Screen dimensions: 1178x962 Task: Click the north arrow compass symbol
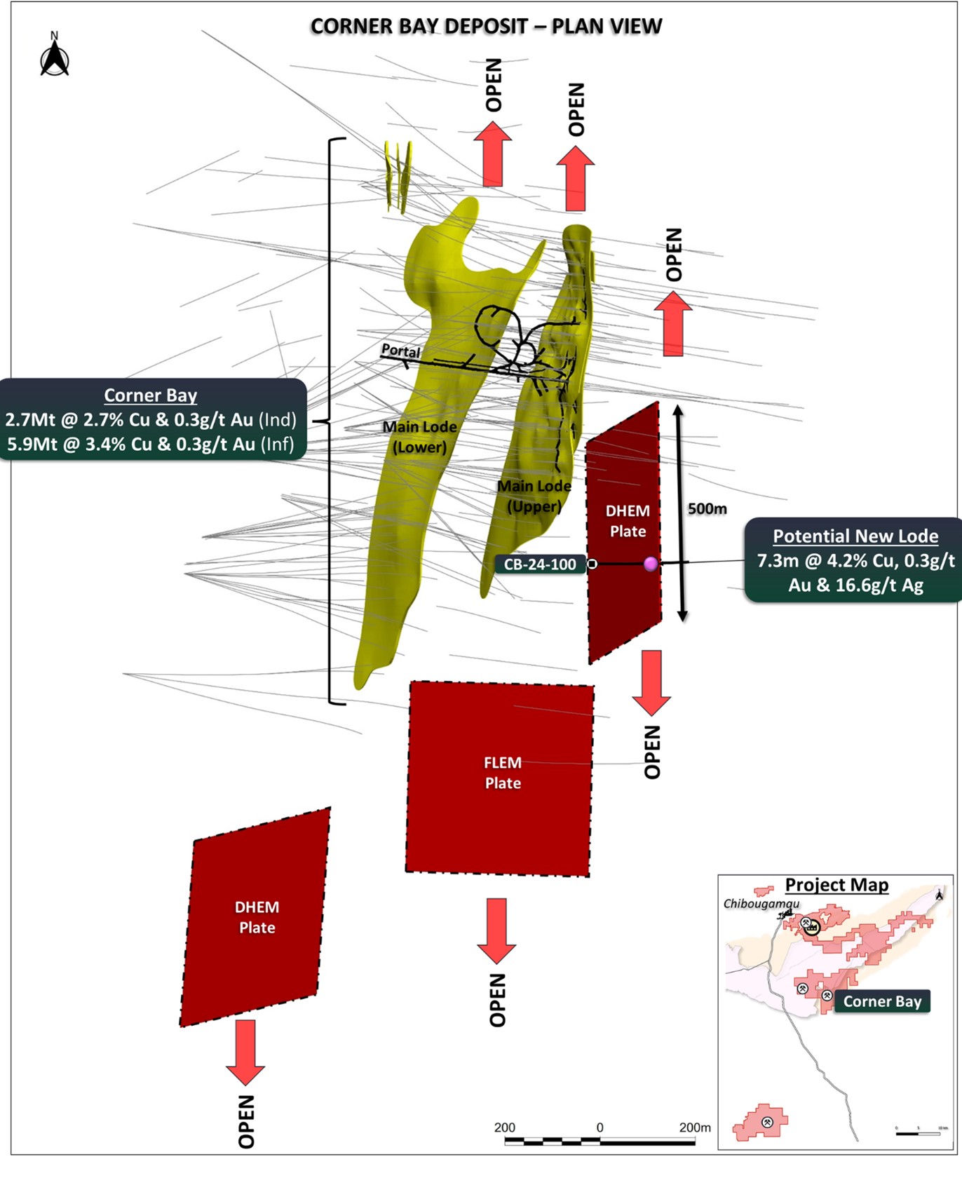click(x=54, y=56)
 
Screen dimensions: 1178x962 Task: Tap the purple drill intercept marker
click(x=651, y=564)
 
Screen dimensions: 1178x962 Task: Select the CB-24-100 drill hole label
click(x=540, y=564)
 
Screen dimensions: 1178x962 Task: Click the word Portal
click(x=400, y=351)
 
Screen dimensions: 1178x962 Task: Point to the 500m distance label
click(x=707, y=509)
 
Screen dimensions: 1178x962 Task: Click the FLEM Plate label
click(x=503, y=773)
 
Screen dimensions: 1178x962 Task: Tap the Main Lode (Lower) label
click(x=419, y=437)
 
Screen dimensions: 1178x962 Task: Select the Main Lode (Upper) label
click(x=534, y=496)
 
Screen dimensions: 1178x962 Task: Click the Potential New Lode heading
click(x=855, y=536)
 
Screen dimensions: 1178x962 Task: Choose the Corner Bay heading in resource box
click(x=150, y=395)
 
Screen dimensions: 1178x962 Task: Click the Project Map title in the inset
click(x=836, y=885)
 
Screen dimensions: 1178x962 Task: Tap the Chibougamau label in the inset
click(x=761, y=904)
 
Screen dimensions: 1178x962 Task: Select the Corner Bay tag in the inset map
click(x=882, y=1001)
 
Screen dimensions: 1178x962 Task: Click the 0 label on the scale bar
click(x=599, y=1128)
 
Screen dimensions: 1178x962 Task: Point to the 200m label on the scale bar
click(x=694, y=1128)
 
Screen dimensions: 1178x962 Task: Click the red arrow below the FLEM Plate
click(x=496, y=930)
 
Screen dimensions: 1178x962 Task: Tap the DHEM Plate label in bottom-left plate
click(x=257, y=917)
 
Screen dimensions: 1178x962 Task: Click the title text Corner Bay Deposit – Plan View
click(x=486, y=27)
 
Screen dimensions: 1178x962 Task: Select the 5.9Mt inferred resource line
click(x=150, y=444)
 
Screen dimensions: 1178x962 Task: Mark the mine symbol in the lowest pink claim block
click(x=766, y=1123)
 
